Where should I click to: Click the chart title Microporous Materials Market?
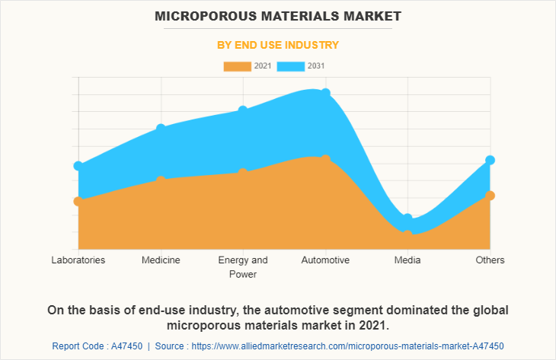[x=277, y=15]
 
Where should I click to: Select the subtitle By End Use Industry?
[x=277, y=45]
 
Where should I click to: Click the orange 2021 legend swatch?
[x=237, y=66]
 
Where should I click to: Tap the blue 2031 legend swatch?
[x=291, y=66]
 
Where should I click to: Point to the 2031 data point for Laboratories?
[x=78, y=166]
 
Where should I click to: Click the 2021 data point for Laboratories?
[x=78, y=201]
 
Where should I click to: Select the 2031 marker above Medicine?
[x=161, y=128]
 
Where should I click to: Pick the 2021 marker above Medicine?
[x=161, y=180]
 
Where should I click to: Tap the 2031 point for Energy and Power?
[x=243, y=110]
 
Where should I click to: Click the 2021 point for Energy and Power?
[x=243, y=173]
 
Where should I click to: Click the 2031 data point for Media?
[x=407, y=219]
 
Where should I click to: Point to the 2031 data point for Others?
[x=490, y=160]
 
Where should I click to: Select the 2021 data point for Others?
[x=490, y=196]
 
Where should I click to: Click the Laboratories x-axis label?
[x=78, y=260]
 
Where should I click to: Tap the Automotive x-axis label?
[x=325, y=260]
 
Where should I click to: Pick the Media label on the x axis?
[x=407, y=260]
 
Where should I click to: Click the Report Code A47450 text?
[x=97, y=346]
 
